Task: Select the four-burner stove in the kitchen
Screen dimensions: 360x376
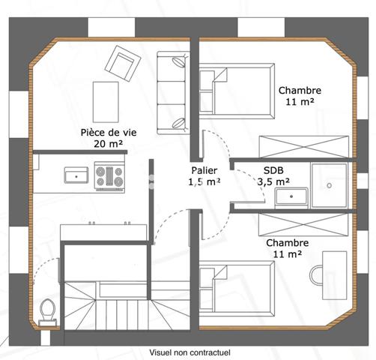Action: coord(109,176)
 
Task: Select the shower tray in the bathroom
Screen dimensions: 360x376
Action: coord(329,183)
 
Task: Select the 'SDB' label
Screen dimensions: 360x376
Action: coord(273,169)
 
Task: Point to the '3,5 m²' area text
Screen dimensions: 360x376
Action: coord(273,181)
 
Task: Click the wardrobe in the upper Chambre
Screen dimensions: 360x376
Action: coord(303,145)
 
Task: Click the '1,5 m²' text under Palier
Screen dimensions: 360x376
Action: coord(204,181)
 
